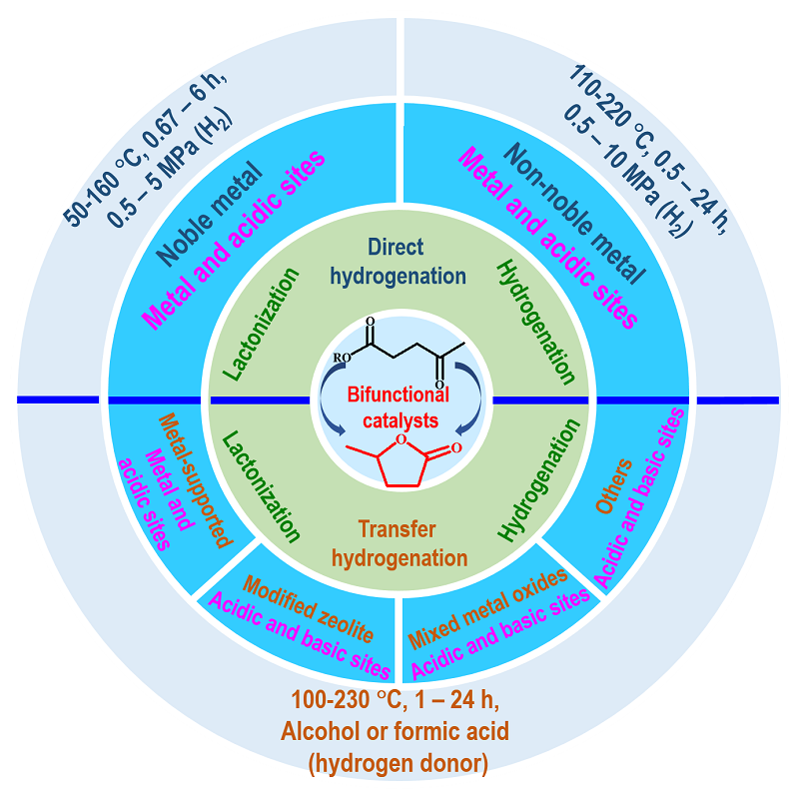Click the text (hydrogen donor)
coord(399,764)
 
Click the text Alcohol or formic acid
coord(399,733)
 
